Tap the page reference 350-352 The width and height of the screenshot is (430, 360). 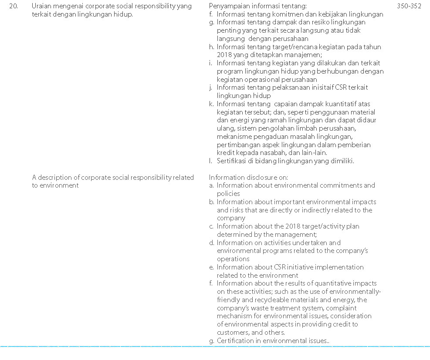[x=409, y=6]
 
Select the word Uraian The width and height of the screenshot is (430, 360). [x=41, y=6]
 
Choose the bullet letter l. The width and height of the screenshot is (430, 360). [x=211, y=161]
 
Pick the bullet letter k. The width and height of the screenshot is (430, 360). [x=211, y=104]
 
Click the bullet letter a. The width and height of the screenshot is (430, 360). [x=211, y=185]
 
